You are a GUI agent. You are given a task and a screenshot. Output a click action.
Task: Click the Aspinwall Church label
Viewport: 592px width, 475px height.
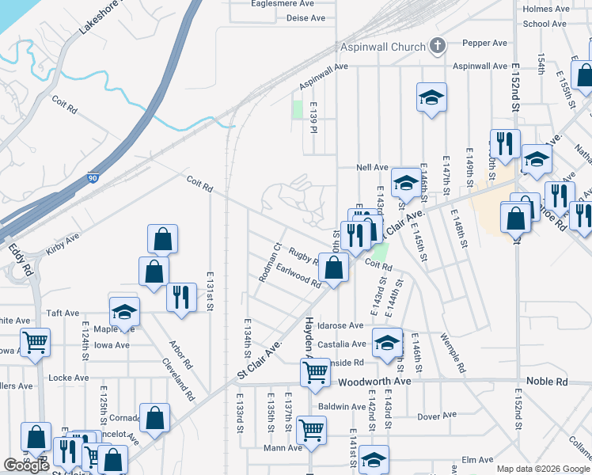tap(383, 47)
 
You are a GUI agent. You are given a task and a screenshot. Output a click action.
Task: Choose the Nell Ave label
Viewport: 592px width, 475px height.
tap(372, 168)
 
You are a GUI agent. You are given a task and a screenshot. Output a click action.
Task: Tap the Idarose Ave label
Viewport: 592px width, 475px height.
tap(340, 325)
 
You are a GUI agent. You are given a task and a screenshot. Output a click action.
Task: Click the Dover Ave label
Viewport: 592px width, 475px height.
tap(438, 416)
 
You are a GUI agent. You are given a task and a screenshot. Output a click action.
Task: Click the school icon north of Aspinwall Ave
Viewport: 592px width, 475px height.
tap(431, 97)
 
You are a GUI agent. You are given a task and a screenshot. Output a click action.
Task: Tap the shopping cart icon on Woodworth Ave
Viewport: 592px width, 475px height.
tap(316, 370)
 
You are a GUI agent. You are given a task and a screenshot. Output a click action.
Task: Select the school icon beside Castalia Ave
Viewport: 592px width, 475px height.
tap(386, 342)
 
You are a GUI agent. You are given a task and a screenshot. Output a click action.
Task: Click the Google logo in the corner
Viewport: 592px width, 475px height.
tap(26, 465)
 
